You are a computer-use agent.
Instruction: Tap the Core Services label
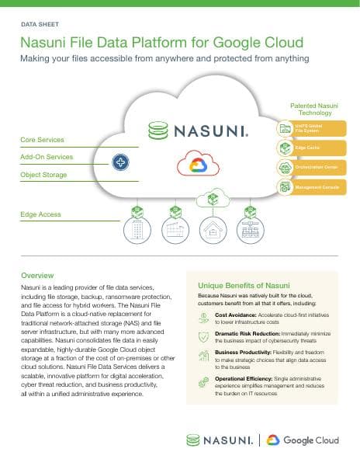click(x=42, y=140)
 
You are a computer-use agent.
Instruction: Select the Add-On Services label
click(x=47, y=157)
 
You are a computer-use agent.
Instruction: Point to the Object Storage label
click(x=44, y=175)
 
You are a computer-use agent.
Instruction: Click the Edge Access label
click(x=40, y=214)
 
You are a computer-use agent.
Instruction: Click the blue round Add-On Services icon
click(x=121, y=162)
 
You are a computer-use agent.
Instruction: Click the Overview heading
click(x=37, y=276)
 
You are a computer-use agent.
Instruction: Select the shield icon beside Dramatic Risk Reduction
click(x=203, y=336)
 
